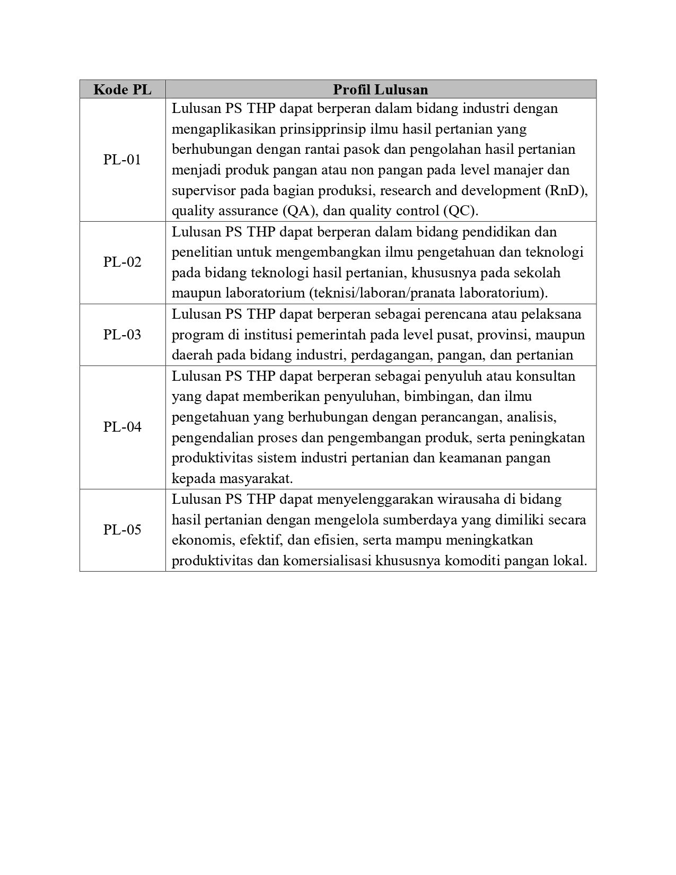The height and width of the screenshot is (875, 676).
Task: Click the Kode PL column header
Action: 122,90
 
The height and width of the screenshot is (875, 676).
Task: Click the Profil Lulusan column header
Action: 380,90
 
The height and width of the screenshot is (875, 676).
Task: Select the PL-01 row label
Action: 122,160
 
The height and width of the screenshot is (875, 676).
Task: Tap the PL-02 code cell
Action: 122,262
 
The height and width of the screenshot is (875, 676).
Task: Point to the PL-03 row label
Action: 122,335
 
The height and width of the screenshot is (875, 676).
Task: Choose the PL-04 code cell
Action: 122,427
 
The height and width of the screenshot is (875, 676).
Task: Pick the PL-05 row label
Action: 122,530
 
